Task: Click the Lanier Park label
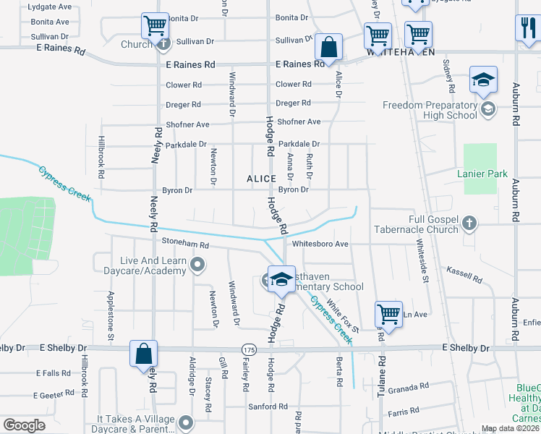pos(482,174)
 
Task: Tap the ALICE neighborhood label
pos(261,178)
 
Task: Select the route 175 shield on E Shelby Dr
pos(250,349)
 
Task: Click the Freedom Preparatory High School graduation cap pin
pos(483,80)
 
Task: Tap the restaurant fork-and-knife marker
pos(527,29)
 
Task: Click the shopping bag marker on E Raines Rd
pos(329,48)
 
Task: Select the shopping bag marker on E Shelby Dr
pos(143,354)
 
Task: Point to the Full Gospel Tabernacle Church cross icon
pos(469,223)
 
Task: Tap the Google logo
pos(24,425)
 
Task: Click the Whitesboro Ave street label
pos(320,244)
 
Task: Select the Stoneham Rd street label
pos(185,245)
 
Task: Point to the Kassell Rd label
pos(464,276)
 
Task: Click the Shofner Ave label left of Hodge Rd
pos(187,124)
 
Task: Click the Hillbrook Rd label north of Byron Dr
pos(102,158)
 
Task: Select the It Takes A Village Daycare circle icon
pos(186,422)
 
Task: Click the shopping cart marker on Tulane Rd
pos(388,315)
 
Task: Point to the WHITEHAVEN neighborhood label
pos(401,53)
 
